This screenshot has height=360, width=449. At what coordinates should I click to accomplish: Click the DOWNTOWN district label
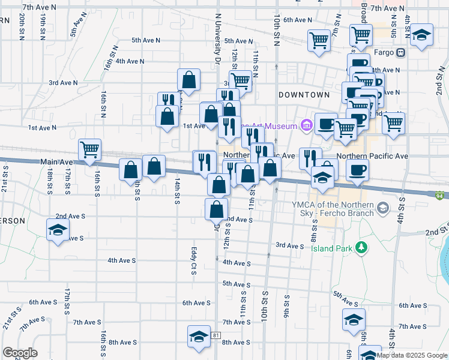coord(304,95)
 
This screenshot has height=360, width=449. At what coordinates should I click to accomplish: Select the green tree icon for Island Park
coord(361,247)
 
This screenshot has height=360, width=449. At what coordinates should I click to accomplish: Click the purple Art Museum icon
coord(307,125)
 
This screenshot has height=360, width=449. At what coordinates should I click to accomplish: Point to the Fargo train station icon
coord(400,52)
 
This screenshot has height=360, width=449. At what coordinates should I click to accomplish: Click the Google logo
coord(20,353)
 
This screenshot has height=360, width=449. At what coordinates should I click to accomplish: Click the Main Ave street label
coord(56,162)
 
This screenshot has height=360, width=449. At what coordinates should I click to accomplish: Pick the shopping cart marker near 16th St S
coord(90,149)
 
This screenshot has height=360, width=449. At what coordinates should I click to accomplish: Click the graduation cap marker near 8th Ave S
coord(199,336)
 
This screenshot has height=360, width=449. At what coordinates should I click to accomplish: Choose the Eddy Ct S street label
coord(194,257)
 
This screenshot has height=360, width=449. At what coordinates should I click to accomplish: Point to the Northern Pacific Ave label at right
coord(372,156)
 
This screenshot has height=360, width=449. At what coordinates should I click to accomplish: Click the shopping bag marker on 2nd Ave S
coord(217,209)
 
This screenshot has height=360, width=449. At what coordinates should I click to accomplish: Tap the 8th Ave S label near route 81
coord(236,343)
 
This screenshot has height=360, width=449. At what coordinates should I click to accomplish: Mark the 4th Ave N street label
coord(130,61)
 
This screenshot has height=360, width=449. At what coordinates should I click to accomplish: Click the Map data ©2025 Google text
coord(412,355)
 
